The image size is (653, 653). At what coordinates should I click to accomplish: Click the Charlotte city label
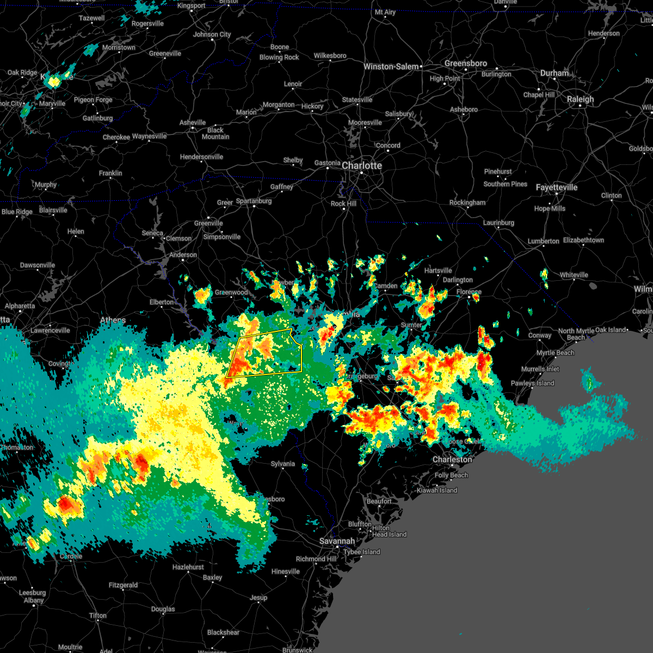(362, 165)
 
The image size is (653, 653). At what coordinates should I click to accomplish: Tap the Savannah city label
(337, 541)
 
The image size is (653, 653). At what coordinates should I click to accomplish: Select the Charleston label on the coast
(452, 459)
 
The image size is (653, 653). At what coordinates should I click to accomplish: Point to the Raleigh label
(580, 99)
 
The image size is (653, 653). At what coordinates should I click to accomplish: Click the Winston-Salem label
(391, 66)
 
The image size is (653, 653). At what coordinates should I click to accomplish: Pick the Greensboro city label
(465, 63)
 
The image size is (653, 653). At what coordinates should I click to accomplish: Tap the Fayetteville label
(556, 187)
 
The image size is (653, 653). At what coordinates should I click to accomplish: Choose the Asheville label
(193, 122)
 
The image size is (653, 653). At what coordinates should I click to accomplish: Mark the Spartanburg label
(254, 201)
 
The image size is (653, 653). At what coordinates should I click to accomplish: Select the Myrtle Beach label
(556, 353)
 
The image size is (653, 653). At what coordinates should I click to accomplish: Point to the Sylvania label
(283, 464)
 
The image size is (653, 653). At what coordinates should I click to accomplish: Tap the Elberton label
(162, 302)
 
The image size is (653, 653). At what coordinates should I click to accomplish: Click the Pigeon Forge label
(93, 100)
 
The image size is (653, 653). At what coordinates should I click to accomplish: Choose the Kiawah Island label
(437, 490)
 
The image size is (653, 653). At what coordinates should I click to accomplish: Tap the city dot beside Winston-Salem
(422, 67)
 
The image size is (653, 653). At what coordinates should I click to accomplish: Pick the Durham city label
(555, 73)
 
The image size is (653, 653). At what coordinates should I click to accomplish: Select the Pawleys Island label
(532, 383)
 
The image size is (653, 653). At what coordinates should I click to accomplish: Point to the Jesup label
(258, 597)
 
